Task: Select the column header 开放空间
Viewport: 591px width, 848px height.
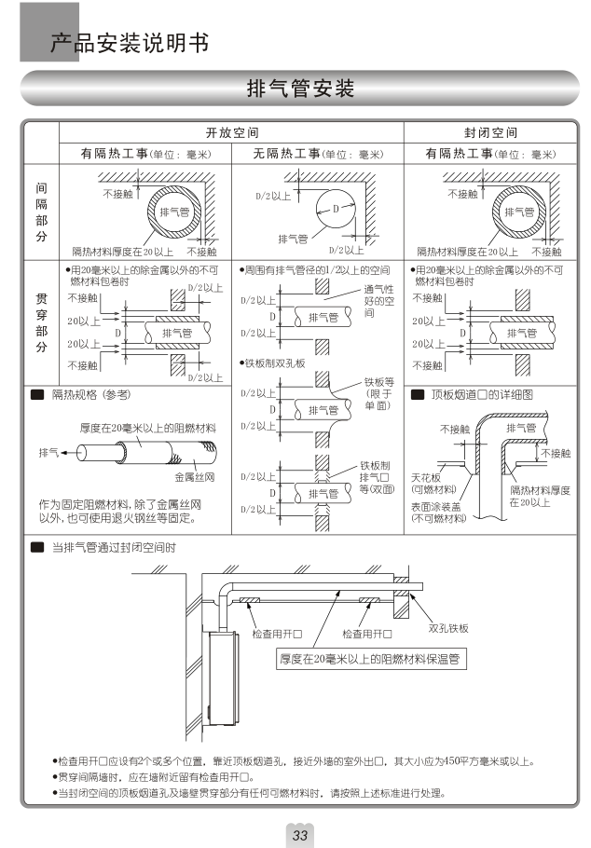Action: click(231, 133)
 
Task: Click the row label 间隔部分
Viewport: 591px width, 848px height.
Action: click(41, 212)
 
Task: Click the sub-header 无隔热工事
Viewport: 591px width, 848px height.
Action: click(281, 154)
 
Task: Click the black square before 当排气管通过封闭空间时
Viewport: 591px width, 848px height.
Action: click(37, 547)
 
